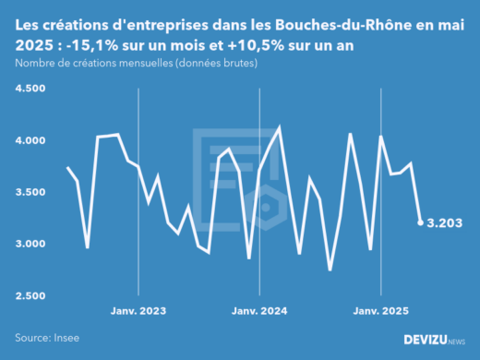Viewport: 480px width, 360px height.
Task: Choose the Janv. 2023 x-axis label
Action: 138,312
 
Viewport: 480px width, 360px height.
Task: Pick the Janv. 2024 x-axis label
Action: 258,312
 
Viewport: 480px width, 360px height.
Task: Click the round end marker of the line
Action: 421,222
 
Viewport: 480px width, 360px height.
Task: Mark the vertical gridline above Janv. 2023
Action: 138,185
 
